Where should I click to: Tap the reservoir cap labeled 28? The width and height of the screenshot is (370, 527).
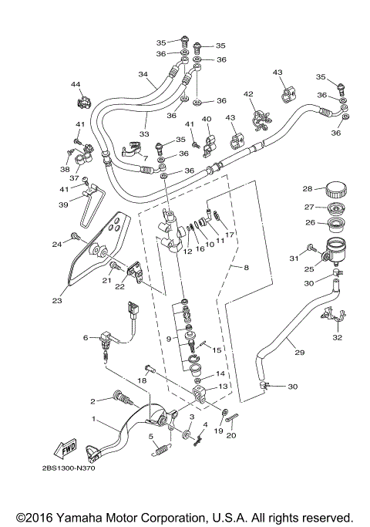(x=336, y=190)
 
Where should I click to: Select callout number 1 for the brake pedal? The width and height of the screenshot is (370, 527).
(x=95, y=421)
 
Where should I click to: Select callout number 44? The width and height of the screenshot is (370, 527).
(x=76, y=83)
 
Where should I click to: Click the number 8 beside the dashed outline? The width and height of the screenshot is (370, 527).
(x=247, y=268)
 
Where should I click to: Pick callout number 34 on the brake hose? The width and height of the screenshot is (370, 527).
(x=143, y=75)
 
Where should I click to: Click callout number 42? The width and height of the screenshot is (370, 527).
(x=248, y=93)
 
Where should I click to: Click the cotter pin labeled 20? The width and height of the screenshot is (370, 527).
(x=237, y=419)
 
